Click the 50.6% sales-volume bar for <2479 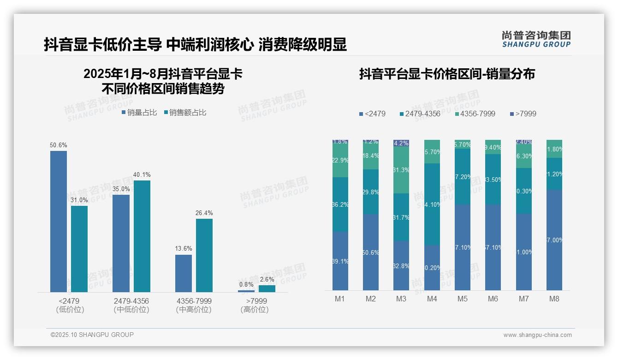click(x=59, y=222)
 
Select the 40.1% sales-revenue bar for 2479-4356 click(x=142, y=236)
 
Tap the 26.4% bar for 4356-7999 click(x=204, y=255)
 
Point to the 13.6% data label click(x=184, y=249)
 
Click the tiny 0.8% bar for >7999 click(x=246, y=291)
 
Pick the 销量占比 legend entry click(x=139, y=113)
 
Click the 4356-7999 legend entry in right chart click(x=475, y=114)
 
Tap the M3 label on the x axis click(x=401, y=299)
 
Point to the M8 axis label click(x=554, y=299)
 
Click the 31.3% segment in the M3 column click(x=401, y=170)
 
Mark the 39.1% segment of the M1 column click(x=340, y=261)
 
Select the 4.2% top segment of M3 click(x=401, y=143)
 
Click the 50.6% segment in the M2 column click(x=371, y=252)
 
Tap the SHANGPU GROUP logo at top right click(x=536, y=39)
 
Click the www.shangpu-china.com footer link click(x=537, y=335)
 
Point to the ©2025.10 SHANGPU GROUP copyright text click(x=92, y=335)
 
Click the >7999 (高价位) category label click(x=254, y=305)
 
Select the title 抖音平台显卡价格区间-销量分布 click(x=446, y=74)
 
